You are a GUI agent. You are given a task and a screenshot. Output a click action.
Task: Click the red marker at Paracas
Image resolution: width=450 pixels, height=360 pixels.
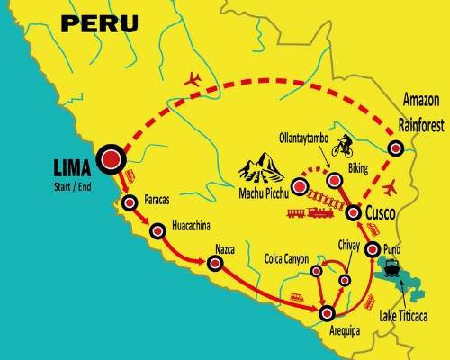click(x=130, y=202)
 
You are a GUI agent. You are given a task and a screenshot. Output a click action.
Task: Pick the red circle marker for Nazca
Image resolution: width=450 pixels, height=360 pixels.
click(x=215, y=264)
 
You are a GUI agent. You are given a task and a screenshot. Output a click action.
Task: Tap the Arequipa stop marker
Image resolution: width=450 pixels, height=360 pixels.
click(x=326, y=312)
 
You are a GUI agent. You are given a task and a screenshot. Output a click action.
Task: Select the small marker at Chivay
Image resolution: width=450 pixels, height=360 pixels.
click(x=345, y=281)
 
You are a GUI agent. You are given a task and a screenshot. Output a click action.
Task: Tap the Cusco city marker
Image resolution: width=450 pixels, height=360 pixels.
click(x=353, y=212)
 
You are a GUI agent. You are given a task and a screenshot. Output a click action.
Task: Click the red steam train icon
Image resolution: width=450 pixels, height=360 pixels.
click(x=309, y=213)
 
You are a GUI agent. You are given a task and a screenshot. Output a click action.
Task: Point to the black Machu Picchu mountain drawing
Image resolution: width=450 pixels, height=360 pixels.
click(x=262, y=166)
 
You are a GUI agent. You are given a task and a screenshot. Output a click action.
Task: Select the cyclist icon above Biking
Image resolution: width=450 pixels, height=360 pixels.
click(x=341, y=145)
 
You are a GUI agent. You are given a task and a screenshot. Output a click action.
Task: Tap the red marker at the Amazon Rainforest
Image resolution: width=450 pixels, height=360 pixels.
click(x=394, y=148)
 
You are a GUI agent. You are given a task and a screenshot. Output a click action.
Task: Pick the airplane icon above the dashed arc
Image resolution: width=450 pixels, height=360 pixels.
click(x=193, y=79)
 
